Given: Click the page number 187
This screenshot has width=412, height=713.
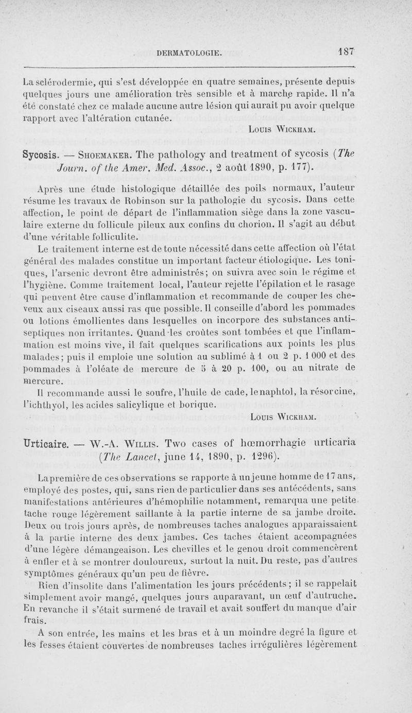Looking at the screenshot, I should click(x=341, y=52).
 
